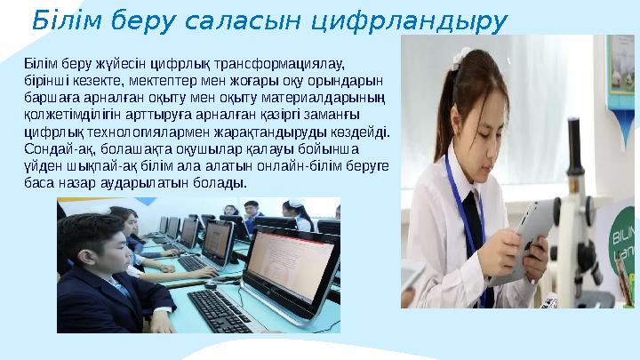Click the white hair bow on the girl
461,61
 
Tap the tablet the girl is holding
532,230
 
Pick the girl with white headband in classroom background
297,213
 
